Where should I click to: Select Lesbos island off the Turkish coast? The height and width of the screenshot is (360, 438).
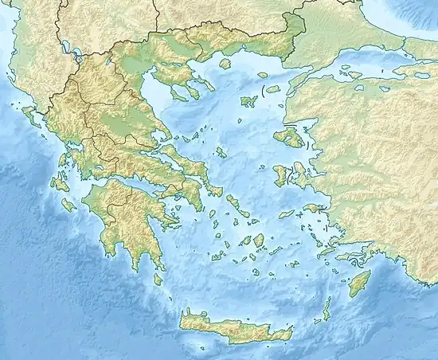(288, 138)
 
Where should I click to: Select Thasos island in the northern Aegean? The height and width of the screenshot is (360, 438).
(225, 63)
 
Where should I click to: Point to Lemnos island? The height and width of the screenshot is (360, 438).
(248, 101)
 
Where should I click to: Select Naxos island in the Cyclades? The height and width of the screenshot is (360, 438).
(259, 241)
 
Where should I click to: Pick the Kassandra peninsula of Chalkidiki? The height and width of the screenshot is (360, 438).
(174, 92)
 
